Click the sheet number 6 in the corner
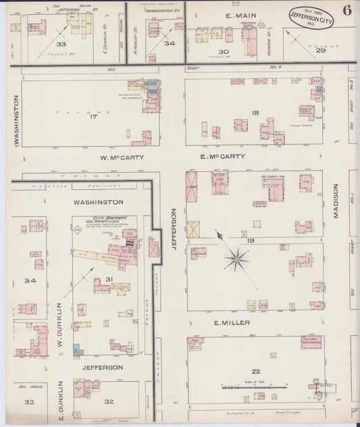tap(346, 10)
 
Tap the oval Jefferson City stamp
tap(310, 19)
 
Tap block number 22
tap(255, 372)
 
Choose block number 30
tap(224, 51)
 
